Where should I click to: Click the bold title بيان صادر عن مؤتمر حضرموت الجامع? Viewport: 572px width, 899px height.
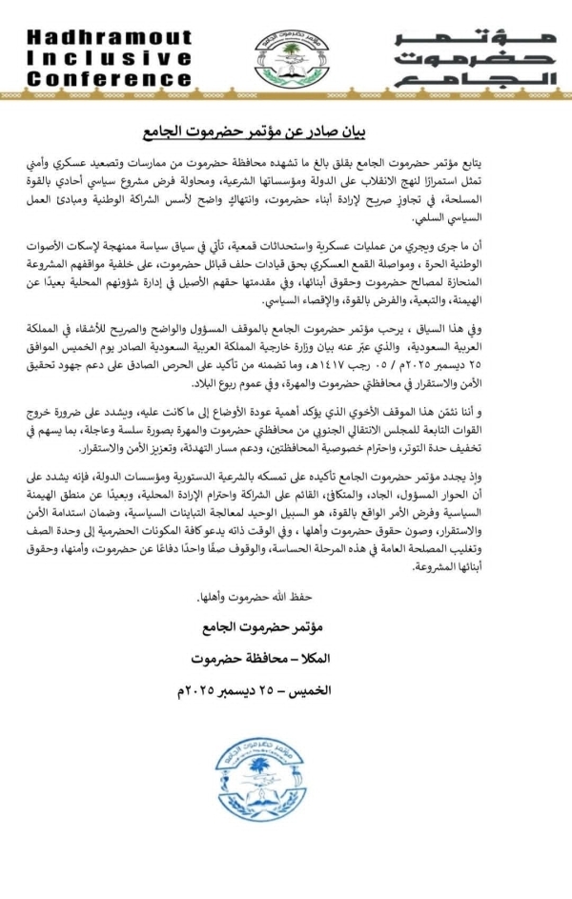point(287,130)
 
